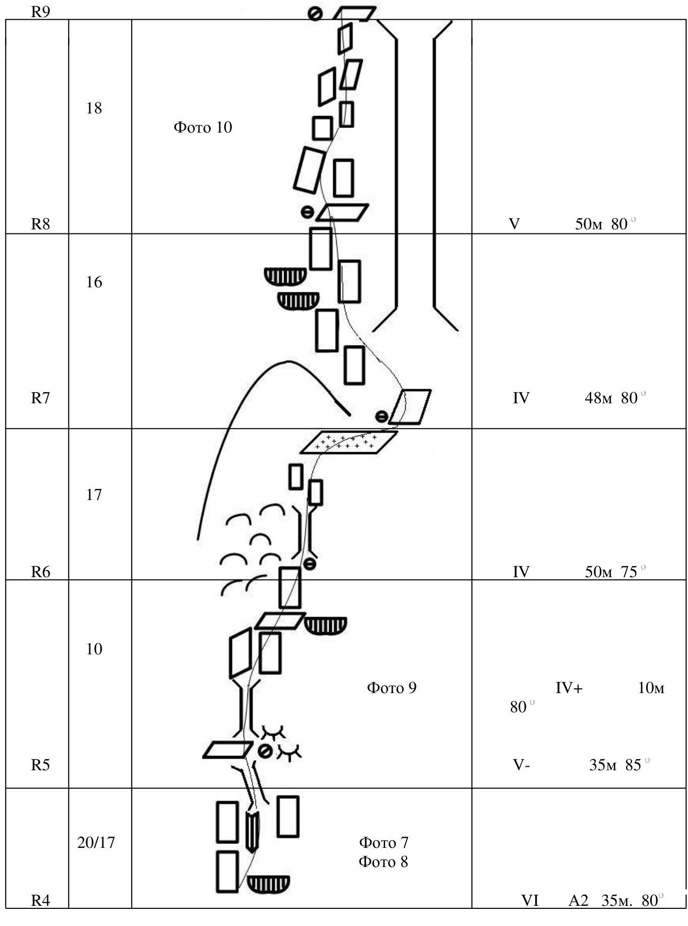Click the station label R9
[40, 12]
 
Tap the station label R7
[40, 398]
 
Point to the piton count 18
[94, 108]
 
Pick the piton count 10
[94, 648]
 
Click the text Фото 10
[203, 127]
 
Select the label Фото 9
[392, 688]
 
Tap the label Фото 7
[384, 842]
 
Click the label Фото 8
[384, 861]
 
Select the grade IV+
[569, 688]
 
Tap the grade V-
[521, 765]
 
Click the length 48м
[598, 398]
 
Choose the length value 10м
[651, 688]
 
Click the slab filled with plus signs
[348, 442]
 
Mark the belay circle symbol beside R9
[315, 14]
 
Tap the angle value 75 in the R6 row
[629, 572]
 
